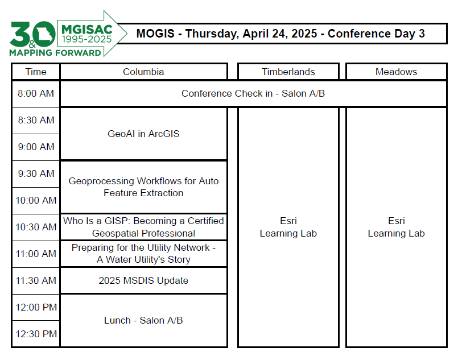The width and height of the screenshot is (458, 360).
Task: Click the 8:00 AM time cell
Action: coord(36,93)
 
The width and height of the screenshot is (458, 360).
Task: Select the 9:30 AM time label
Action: coord(36,173)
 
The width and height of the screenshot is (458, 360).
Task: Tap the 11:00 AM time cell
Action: coord(36,254)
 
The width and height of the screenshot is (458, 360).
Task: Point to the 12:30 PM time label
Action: coord(36,334)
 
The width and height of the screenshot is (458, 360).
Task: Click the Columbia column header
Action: coord(143,72)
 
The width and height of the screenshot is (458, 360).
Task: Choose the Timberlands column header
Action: coord(288,72)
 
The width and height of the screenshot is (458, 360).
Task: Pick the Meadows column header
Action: coord(397,72)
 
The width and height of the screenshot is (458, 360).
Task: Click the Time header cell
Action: coord(36,72)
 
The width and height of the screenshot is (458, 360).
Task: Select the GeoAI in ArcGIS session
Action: coord(143,134)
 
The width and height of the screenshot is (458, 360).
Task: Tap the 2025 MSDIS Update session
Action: coord(143,280)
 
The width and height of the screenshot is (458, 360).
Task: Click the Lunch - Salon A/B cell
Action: coord(143,320)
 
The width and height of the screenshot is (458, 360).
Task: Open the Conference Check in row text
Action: coord(253,93)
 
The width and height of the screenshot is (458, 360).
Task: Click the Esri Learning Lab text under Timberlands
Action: coord(288,227)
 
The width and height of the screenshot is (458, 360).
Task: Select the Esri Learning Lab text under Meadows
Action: coord(397,227)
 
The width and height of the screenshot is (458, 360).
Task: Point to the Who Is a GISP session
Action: coord(143,227)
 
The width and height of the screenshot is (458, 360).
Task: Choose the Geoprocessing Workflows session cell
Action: coord(143,187)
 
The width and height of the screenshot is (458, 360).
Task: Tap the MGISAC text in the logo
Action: coord(86,30)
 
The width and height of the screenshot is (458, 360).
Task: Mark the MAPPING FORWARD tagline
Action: coord(55,53)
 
